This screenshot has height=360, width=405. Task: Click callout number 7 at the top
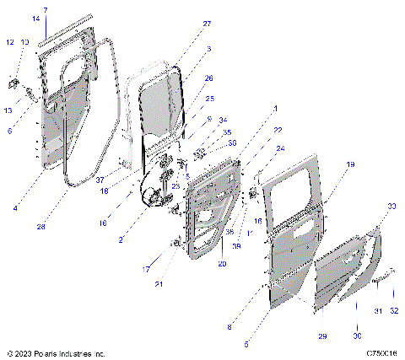coord(46,9)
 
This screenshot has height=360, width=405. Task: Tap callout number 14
coord(35,18)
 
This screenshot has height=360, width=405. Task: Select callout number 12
coord(10,42)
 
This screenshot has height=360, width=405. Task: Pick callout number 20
coord(222,263)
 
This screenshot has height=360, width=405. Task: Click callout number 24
coord(281,148)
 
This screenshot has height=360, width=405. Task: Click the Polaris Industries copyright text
coord(56,353)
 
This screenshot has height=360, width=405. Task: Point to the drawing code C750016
coord(381,353)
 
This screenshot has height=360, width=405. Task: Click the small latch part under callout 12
coord(13,82)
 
